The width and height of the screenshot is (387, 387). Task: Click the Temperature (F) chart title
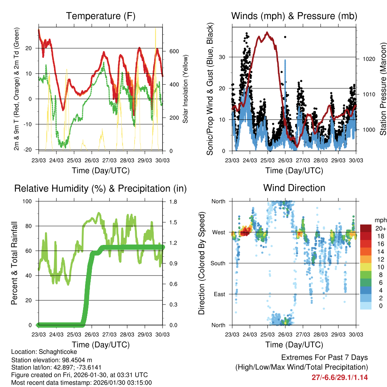[x=101, y=16]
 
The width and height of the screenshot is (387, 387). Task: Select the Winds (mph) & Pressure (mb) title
[x=294, y=16]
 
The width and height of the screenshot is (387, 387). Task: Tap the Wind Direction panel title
[x=294, y=187]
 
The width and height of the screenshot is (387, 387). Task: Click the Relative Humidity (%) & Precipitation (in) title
[x=101, y=188]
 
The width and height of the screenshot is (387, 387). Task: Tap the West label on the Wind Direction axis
[x=219, y=232]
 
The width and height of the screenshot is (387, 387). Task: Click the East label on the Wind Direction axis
[x=220, y=294]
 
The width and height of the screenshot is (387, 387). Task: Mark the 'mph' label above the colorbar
[x=380, y=220]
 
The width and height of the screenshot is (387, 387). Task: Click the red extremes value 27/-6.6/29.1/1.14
[x=339, y=377]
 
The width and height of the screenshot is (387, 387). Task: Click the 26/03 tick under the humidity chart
[x=92, y=335]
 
